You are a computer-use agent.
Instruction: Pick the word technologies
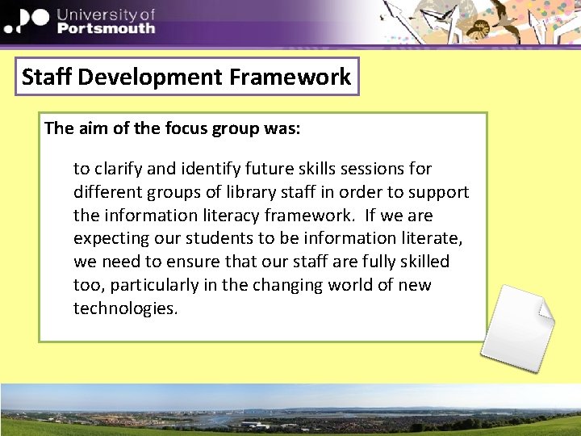[x=125, y=309]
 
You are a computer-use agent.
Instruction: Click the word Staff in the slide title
[x=47, y=78]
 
